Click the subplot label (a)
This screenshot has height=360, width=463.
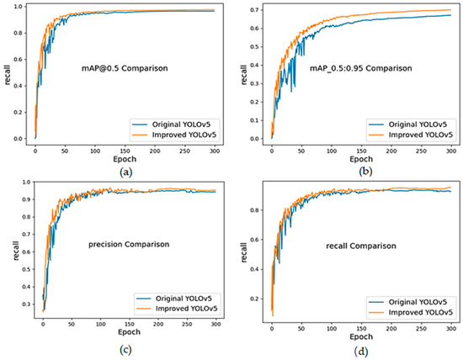125,171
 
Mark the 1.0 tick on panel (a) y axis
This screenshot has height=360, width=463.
21,8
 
